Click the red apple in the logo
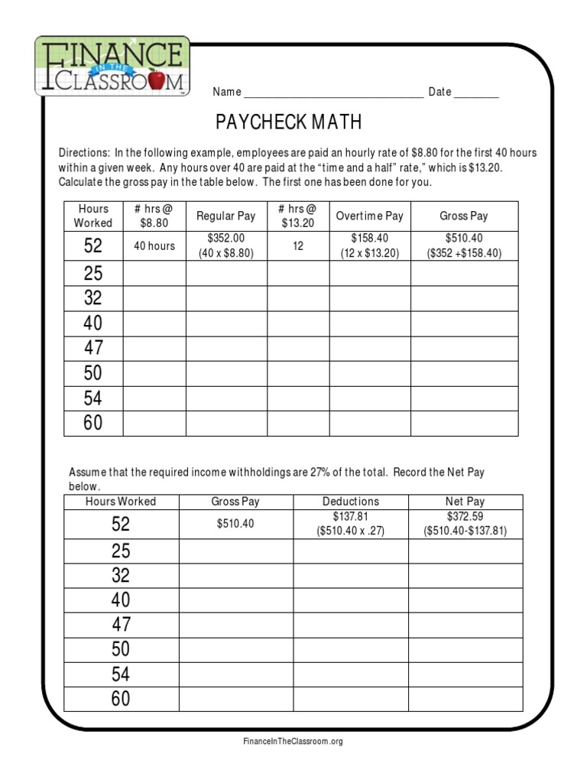156,79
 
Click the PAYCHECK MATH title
288,122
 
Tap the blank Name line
333,93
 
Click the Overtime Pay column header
369,216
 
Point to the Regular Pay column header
225,216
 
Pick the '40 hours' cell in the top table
154,246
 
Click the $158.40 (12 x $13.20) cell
369,246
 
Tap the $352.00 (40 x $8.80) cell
225,246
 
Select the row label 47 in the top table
93,349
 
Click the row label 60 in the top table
93,423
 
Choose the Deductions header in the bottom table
350,502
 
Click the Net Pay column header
465,502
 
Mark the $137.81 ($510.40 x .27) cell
350,524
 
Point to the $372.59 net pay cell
465,524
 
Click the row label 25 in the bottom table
121,551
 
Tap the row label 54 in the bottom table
121,674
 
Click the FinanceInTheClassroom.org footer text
293,742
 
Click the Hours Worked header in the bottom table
121,502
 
